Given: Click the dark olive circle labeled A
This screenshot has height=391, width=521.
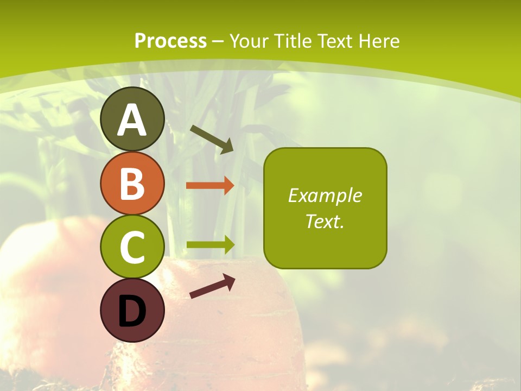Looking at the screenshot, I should click(x=132, y=119).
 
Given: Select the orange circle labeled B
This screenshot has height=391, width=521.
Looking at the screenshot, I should click(x=132, y=183).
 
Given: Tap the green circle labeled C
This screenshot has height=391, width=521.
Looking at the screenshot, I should click(x=132, y=247).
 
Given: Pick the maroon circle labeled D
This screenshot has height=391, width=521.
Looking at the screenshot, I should click(x=132, y=311).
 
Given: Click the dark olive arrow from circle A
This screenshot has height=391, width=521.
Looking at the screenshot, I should click(x=212, y=139).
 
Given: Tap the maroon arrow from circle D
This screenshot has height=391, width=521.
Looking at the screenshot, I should click(x=212, y=286).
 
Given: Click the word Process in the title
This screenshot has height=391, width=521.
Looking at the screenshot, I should click(x=170, y=41).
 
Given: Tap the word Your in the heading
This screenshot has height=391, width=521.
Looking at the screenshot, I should click(x=250, y=41).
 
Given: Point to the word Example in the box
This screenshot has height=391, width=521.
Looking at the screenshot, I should click(x=325, y=195).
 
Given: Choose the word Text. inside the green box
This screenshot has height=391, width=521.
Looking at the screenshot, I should click(x=325, y=221).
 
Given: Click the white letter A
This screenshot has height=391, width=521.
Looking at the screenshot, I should click(x=132, y=120).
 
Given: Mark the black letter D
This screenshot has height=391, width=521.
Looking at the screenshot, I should click(x=132, y=311).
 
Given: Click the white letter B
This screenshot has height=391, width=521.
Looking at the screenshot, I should click(x=132, y=184).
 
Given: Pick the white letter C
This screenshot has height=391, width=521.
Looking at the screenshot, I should click(x=132, y=247).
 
